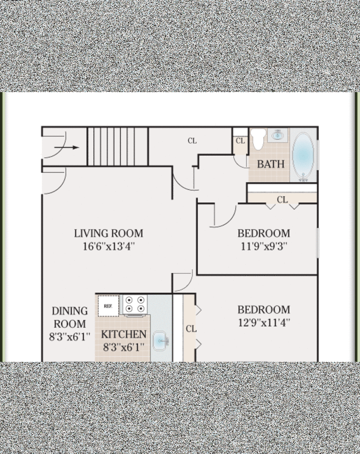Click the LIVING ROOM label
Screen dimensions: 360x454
pos(109,233)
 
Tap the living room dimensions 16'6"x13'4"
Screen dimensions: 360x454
pos(109,247)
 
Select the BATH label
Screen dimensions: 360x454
pos(271,164)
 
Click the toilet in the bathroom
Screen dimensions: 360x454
pos(258,139)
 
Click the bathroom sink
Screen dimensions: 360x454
pos(278,135)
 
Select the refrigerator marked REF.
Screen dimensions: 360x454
pos(108,306)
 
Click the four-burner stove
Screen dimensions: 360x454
pos(134,305)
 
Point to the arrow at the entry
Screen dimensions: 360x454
pos(67,148)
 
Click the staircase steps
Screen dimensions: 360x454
pos(118,147)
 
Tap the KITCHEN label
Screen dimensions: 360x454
pos(124,334)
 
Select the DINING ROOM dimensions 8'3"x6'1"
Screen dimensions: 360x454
pos(70,337)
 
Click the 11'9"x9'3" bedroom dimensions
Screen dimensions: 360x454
pos(264,247)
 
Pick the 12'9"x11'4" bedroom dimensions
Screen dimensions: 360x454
pos(264,323)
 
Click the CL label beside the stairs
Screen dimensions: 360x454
pos(192,140)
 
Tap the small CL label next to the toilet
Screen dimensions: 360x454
pos(240,140)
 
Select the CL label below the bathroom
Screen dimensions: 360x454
pos(282,199)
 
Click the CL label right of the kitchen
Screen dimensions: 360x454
pos(191,329)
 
